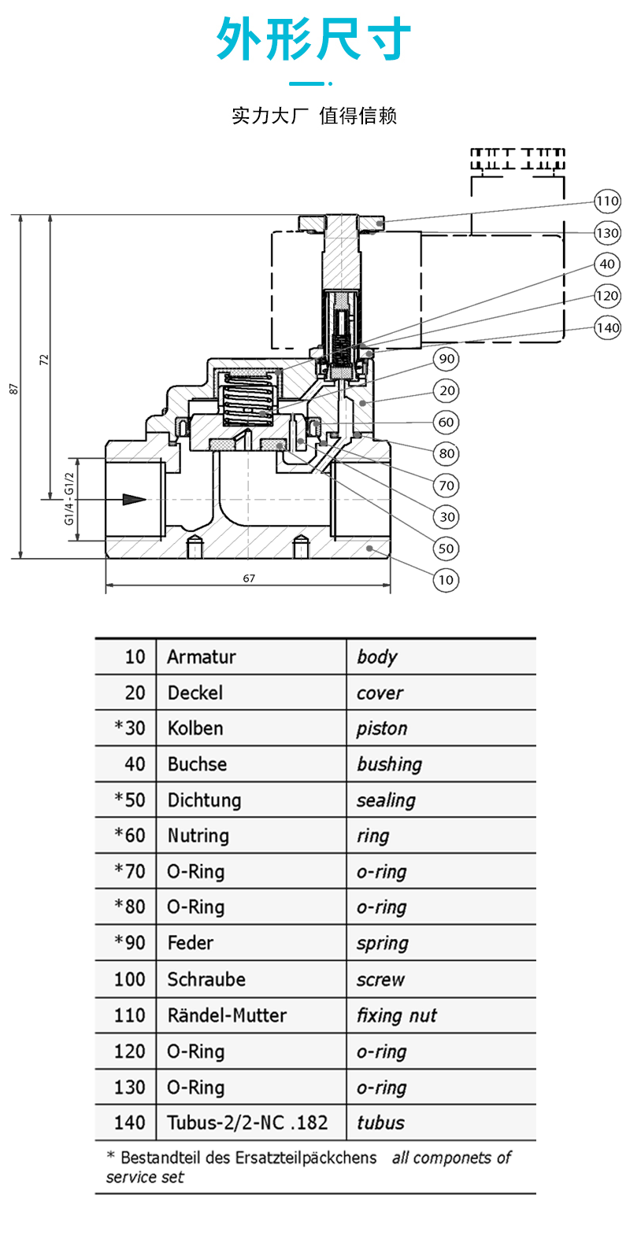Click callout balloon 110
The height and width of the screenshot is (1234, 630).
(607, 201)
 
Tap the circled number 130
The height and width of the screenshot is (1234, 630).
(607, 233)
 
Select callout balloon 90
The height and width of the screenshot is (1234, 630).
(447, 359)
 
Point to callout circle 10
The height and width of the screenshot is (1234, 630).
(447, 580)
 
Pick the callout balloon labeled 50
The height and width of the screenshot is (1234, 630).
(447, 549)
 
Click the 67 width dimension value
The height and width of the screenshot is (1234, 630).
(249, 578)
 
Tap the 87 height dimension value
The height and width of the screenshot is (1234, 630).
(13, 389)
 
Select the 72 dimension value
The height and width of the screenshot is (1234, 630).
(44, 360)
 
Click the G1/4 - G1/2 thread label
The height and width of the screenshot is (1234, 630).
(69, 499)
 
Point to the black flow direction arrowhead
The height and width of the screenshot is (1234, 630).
(135, 500)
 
